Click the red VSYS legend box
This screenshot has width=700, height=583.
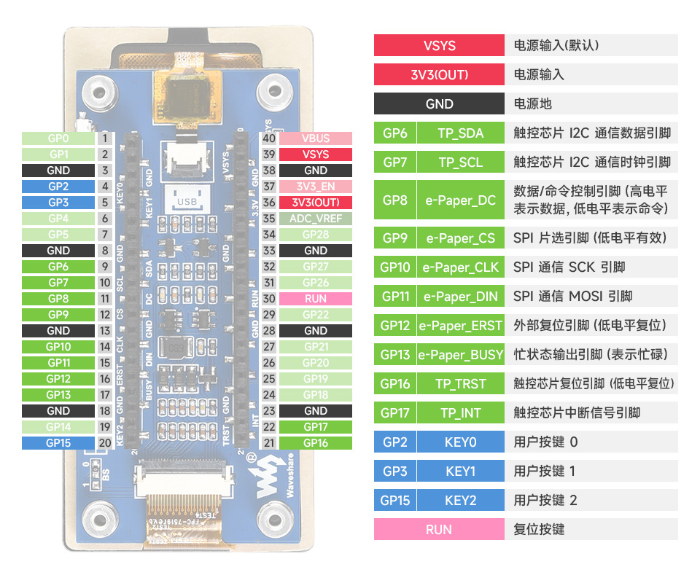coord(439,45)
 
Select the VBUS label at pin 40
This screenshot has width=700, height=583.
coord(316,138)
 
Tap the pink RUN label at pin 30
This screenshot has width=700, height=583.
coord(316,299)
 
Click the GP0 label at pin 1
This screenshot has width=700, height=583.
coord(58,138)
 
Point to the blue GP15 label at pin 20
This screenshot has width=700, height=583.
coord(58,443)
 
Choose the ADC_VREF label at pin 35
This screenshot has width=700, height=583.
coord(316,219)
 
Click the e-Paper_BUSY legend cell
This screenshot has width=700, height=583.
coord(460,355)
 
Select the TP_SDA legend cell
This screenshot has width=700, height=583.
coord(460,133)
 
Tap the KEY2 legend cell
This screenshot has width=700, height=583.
coord(460,501)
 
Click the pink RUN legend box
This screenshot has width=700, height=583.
coord(439,530)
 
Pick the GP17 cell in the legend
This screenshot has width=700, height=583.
coord(394,413)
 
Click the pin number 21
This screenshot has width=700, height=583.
coord(269,443)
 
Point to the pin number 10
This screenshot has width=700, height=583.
coord(105,283)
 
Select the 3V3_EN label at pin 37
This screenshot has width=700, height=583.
coord(316,187)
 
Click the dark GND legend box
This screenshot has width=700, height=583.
coord(439,103)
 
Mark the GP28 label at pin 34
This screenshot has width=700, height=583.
coord(316,235)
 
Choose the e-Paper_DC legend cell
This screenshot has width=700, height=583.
coord(460,200)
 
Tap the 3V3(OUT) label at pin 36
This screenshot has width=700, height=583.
coord(316,203)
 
